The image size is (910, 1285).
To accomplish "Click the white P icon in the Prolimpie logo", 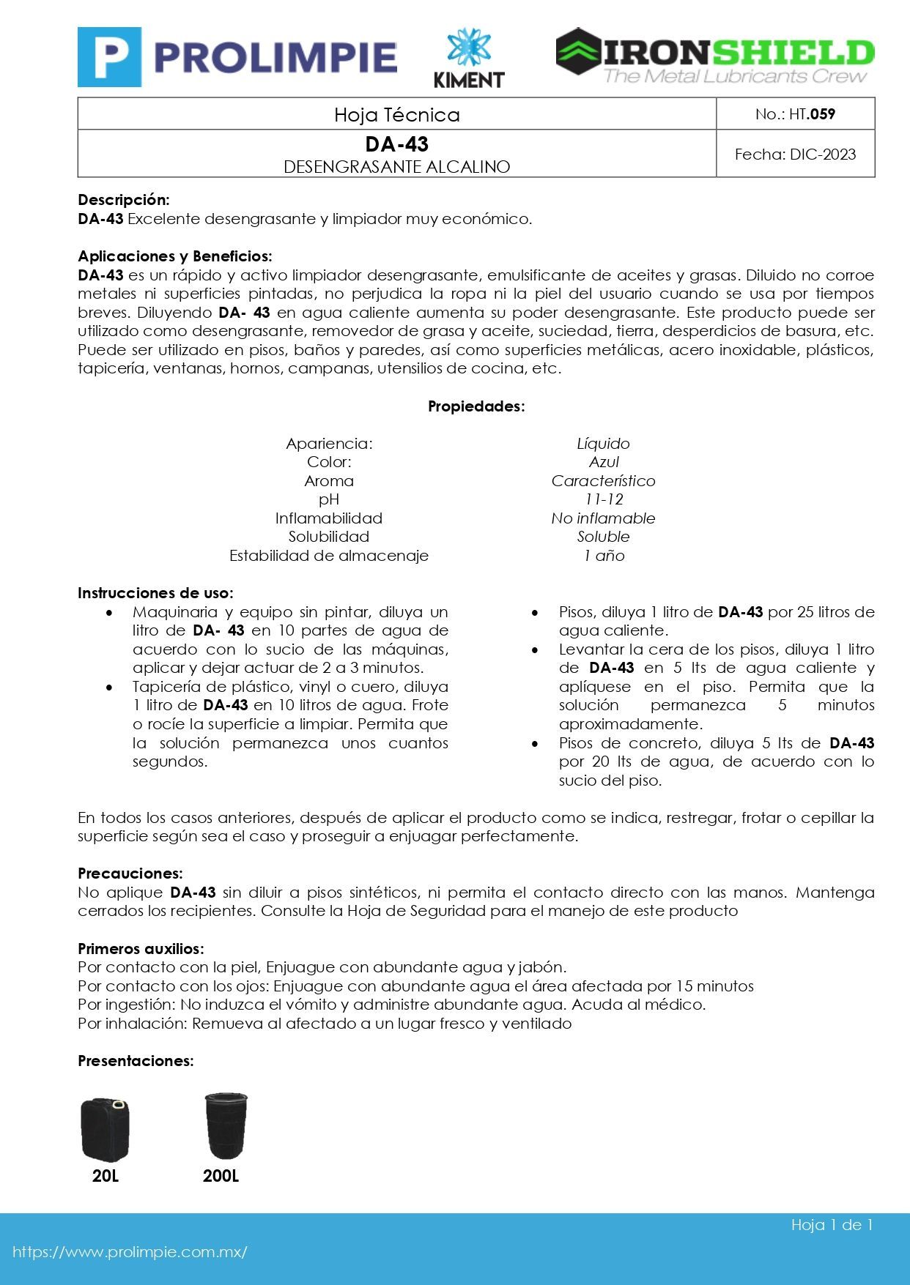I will click(x=109, y=57).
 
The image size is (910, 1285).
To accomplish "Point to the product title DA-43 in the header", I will click(x=396, y=144).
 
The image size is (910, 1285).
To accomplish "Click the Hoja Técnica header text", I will click(x=396, y=115).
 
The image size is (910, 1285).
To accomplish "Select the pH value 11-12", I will click(x=603, y=499).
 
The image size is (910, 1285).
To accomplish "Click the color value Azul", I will click(x=603, y=462).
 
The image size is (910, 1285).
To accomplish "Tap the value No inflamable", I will click(x=603, y=518).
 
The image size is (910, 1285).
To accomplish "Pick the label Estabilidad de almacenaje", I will click(x=328, y=556).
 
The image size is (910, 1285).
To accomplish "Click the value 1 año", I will click(x=603, y=556).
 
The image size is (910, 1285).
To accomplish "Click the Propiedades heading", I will click(x=476, y=406).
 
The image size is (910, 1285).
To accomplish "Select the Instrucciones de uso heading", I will click(x=155, y=593).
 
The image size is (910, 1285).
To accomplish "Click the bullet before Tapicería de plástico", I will click(x=109, y=688).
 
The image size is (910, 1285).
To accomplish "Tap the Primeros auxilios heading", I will click(x=141, y=949).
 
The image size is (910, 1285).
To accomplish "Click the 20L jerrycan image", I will click(x=106, y=1129).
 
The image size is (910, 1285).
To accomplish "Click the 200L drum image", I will click(x=226, y=1126).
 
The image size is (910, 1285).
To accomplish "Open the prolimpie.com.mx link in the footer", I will click(x=130, y=1252).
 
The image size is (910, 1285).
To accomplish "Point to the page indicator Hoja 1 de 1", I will click(x=832, y=1225).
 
